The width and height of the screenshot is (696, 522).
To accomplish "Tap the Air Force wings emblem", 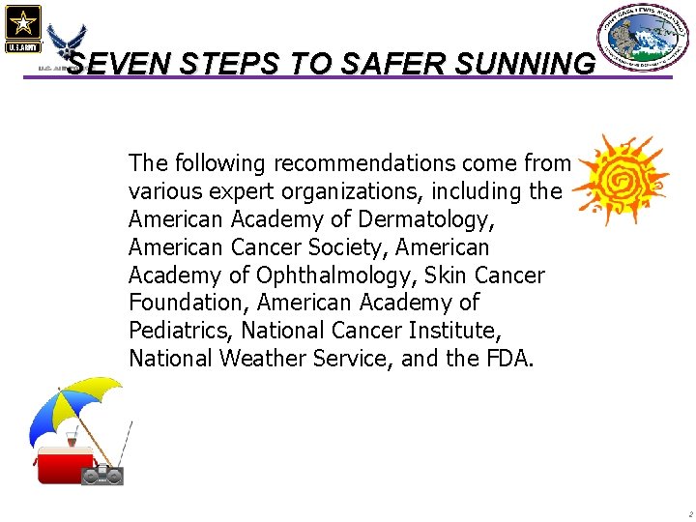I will (x=66, y=43).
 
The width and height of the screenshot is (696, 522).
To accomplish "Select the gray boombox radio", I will (x=102, y=476).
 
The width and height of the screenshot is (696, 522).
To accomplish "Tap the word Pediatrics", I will (x=180, y=331).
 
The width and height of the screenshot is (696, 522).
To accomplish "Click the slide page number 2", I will (x=689, y=514).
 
